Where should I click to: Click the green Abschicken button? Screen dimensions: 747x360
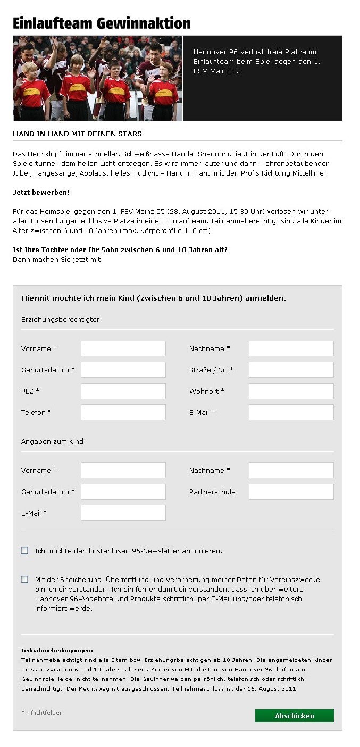pyautogui.click(x=294, y=716)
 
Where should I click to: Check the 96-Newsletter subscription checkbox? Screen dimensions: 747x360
pyautogui.click(x=24, y=551)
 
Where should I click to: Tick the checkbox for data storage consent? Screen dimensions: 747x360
pyautogui.click(x=24, y=579)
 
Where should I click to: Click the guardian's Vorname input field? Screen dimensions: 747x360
pyautogui.click(x=123, y=348)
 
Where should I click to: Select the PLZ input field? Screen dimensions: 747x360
pyautogui.click(x=123, y=391)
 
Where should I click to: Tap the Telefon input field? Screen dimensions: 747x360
pyautogui.click(x=123, y=412)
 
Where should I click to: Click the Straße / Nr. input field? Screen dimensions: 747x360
pyautogui.click(x=291, y=370)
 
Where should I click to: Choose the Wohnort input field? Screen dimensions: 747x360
pyautogui.click(x=291, y=391)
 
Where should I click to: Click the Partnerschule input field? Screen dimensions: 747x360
pyautogui.click(x=291, y=492)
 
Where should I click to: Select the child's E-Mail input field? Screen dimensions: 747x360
pyautogui.click(x=123, y=513)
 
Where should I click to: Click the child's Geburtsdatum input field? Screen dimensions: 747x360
pyautogui.click(x=123, y=492)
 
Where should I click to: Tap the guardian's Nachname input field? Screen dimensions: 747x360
pyautogui.click(x=291, y=348)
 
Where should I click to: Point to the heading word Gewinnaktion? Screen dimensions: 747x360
pyautogui.click(x=144, y=23)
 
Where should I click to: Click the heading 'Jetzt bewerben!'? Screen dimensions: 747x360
pyautogui.click(x=41, y=192)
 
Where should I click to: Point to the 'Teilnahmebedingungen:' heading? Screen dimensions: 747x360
pyautogui.click(x=57, y=650)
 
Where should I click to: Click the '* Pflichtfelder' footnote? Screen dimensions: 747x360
pyautogui.click(x=41, y=712)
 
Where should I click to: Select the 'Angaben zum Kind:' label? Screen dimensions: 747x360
pyautogui.click(x=53, y=441)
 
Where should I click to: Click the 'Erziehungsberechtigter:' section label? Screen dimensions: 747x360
pyautogui.click(x=61, y=319)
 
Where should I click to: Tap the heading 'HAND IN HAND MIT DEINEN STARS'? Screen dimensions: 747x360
pyautogui.click(x=77, y=134)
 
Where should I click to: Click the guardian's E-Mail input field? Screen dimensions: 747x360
pyautogui.click(x=291, y=412)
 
